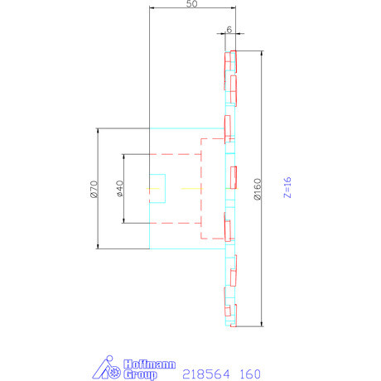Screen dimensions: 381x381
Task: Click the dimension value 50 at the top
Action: pyautogui.click(x=192, y=5)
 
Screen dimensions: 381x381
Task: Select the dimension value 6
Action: pyautogui.click(x=229, y=27)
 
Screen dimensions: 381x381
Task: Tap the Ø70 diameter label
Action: pyautogui.click(x=94, y=189)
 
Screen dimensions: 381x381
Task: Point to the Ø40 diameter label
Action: pyautogui.click(x=119, y=189)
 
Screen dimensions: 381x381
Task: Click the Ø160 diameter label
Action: pyautogui.click(x=258, y=190)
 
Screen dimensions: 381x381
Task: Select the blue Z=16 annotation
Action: pyautogui.click(x=287, y=189)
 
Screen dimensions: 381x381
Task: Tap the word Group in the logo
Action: pyautogui.click(x=140, y=374)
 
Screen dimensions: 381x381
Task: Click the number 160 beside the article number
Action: pyautogui.click(x=248, y=374)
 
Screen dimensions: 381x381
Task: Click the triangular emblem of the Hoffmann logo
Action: pyautogui.click(x=106, y=369)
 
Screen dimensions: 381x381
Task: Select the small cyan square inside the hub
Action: pyautogui.click(x=157, y=188)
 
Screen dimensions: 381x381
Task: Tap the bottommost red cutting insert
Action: pyautogui.click(x=234, y=312)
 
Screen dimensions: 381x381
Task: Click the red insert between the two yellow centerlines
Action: pyautogui.click(x=234, y=177)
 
